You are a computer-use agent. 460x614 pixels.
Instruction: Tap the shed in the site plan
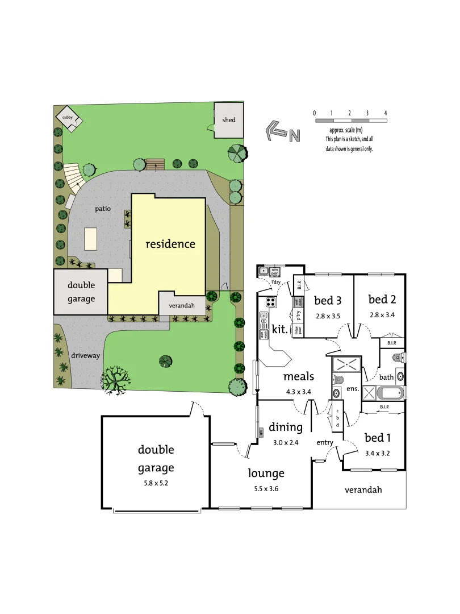click(x=229, y=120)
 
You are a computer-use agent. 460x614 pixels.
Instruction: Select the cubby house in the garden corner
click(x=69, y=118)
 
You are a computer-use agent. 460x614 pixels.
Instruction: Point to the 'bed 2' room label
click(x=382, y=299)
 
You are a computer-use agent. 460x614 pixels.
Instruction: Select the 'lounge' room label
click(x=266, y=473)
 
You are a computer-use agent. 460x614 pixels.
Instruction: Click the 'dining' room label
click(x=286, y=427)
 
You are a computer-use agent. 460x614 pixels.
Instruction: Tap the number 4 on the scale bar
click(x=386, y=113)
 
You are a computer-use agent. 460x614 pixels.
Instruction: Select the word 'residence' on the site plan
click(x=170, y=244)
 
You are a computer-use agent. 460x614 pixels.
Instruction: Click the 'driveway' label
click(x=86, y=355)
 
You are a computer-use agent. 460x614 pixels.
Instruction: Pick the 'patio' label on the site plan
click(x=103, y=209)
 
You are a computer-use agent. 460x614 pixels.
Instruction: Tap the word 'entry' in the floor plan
click(x=325, y=442)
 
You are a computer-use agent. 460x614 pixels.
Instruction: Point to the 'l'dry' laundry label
click(x=276, y=282)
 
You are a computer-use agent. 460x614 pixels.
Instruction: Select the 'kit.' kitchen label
click(x=280, y=329)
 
